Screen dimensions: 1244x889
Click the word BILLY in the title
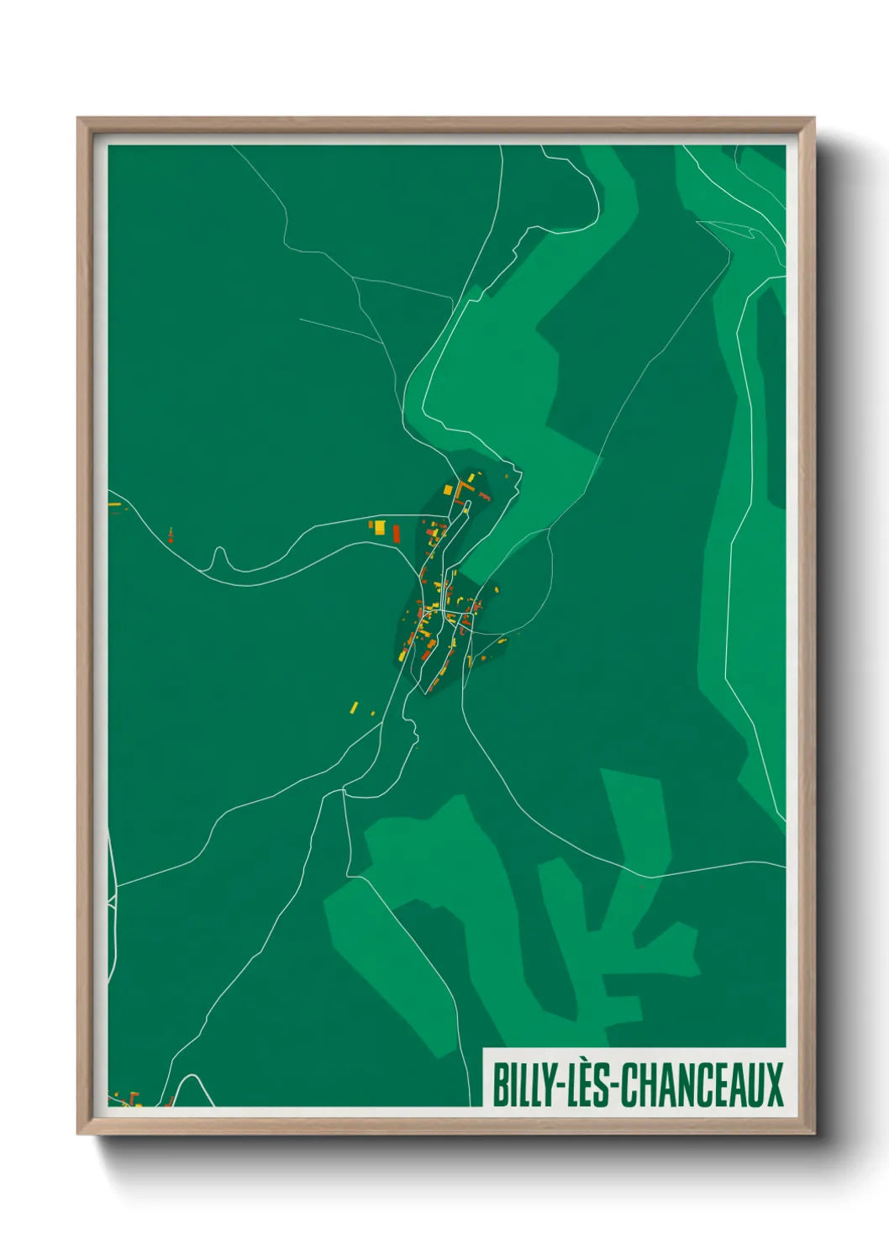pyautogui.click(x=522, y=1085)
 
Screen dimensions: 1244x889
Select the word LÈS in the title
pyautogui.click(x=588, y=1085)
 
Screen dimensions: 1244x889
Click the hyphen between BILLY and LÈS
pyautogui.click(x=556, y=1087)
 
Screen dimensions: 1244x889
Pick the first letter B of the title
pyautogui.click(x=498, y=1085)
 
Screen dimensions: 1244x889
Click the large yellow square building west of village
pyautogui.click(x=379, y=527)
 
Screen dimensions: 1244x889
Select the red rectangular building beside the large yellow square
pyautogui.click(x=396, y=534)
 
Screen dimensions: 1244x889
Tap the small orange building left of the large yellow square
pyautogui.click(x=371, y=524)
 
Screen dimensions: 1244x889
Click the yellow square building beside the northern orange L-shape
pyautogui.click(x=448, y=489)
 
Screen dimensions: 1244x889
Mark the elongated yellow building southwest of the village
pyautogui.click(x=354, y=707)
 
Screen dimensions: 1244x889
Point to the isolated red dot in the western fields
pyautogui.click(x=171, y=538)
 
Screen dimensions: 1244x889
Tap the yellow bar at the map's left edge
pyautogui.click(x=114, y=504)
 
